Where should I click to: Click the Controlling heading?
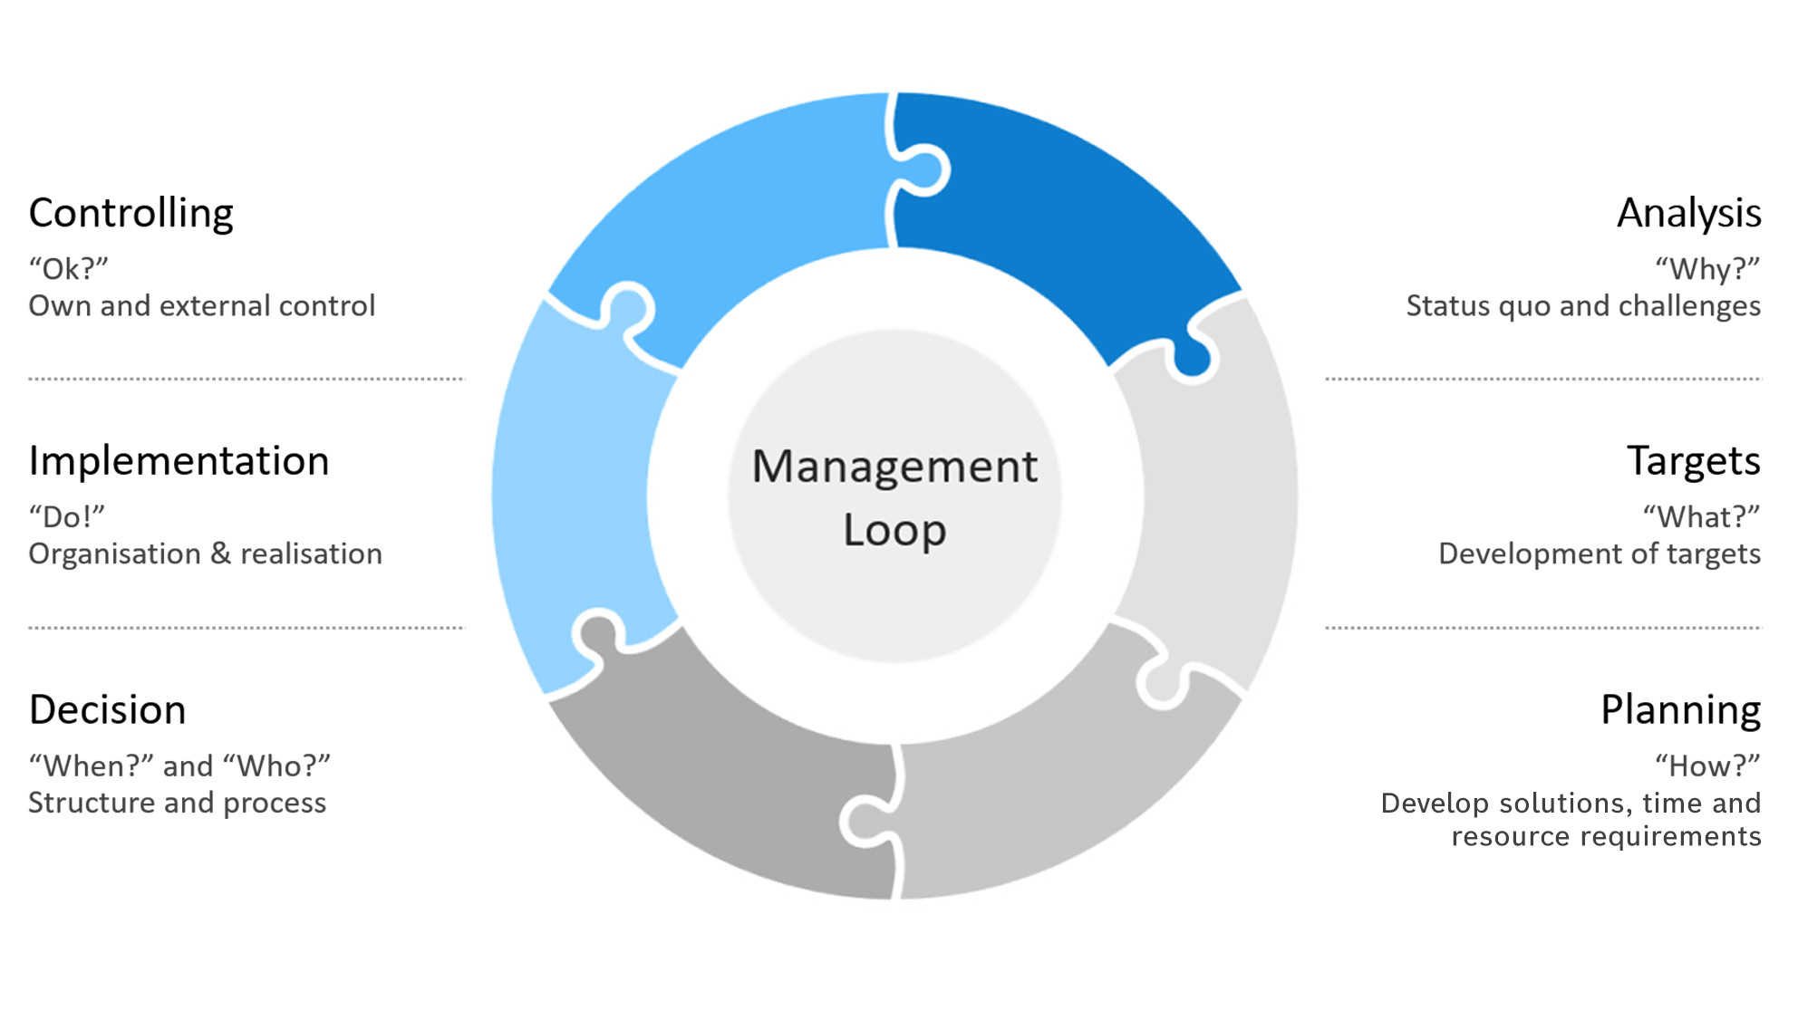coord(131,214)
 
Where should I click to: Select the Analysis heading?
coord(1689,214)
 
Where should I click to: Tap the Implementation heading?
coord(179,461)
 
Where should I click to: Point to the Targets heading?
coord(1694,462)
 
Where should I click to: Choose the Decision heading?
coord(107,709)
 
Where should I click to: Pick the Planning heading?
coord(1681,710)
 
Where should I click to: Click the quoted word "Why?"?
coord(1707,269)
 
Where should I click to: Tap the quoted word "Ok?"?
coord(69,269)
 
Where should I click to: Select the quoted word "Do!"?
coord(67,517)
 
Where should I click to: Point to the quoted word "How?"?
coord(1707,766)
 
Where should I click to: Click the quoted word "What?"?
coord(1701,517)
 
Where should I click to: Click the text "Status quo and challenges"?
coord(1583,306)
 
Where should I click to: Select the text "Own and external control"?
coord(202,306)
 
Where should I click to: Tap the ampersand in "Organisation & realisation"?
coord(220,554)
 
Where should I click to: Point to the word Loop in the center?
coord(894,530)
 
